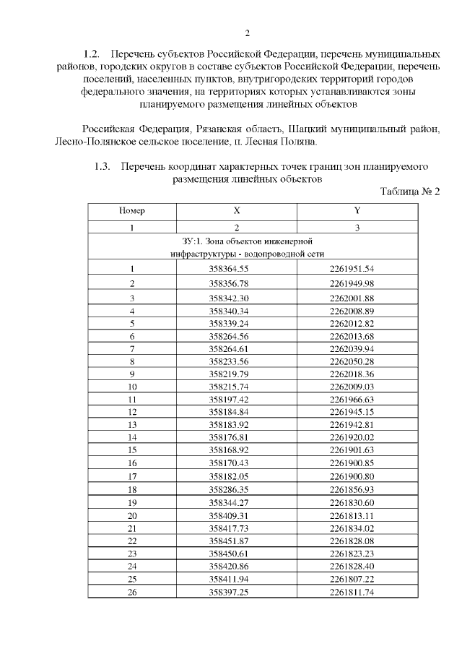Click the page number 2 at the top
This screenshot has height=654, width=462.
pos(247,33)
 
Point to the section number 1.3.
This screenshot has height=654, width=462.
pos(102,166)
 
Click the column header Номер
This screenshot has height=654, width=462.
pos(132,211)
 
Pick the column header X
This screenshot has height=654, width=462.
pos(237,211)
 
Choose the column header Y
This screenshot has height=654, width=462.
pos(357,211)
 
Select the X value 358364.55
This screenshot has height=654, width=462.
pos(228,270)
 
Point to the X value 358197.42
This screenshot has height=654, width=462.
pos(228,399)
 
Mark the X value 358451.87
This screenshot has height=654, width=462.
pos(228,541)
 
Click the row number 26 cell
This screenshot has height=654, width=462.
pos(132,592)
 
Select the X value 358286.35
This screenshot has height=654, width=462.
pos(228,489)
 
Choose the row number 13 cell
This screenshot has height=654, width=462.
pos(132,424)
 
